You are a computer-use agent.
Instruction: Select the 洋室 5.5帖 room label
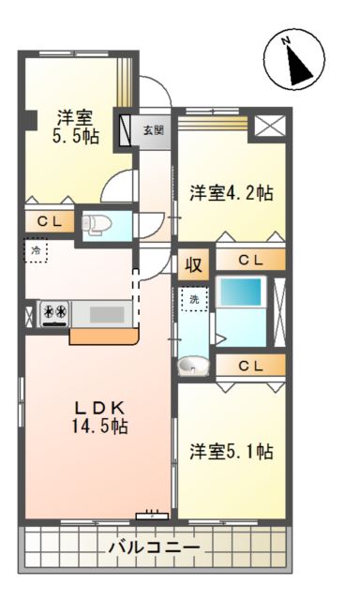click(x=73, y=127)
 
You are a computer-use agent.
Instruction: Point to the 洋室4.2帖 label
click(x=232, y=193)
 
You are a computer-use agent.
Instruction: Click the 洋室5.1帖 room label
click(x=232, y=451)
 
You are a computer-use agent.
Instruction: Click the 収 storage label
click(x=193, y=263)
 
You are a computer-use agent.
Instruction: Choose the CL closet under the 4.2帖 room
click(x=250, y=260)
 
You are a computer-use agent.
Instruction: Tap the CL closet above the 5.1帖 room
click(x=250, y=366)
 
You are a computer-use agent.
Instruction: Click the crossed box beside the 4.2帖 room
click(x=269, y=127)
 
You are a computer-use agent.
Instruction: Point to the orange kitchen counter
click(x=104, y=335)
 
